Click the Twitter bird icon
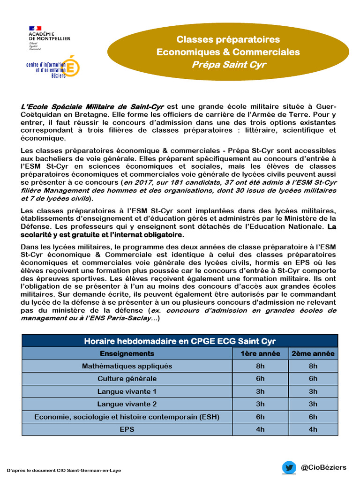coord(289,467)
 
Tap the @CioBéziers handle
coord(324,467)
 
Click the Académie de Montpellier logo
coord(49,37)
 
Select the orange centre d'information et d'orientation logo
coord(53,67)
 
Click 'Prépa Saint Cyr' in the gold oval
coord(228,65)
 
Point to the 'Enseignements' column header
coord(127,353)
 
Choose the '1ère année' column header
coord(260,353)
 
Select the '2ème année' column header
coord(313,353)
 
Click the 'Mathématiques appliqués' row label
coord(127,366)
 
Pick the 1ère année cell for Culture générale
coord(260,379)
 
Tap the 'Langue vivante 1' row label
coord(127,391)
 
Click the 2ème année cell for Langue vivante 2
coord(313,404)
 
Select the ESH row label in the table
coord(127,417)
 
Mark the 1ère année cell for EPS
coord(260,429)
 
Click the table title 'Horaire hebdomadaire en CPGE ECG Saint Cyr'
coord(180,341)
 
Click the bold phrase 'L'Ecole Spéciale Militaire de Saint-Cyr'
coord(92,107)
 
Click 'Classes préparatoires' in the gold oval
coord(228,40)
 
